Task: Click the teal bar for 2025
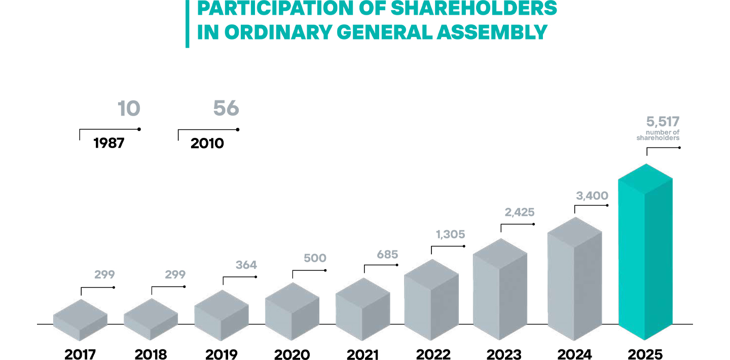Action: pyautogui.click(x=645, y=254)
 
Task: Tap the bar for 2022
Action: pyautogui.click(x=431, y=299)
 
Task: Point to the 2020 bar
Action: pyautogui.click(x=292, y=311)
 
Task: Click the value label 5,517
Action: pyautogui.click(x=663, y=122)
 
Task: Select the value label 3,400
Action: pyautogui.click(x=592, y=196)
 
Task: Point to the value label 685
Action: pyautogui.click(x=387, y=255)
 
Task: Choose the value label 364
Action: pyautogui.click(x=246, y=265)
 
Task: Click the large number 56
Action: pyautogui.click(x=226, y=109)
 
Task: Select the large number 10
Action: pyautogui.click(x=129, y=109)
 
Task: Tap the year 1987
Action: pyautogui.click(x=109, y=143)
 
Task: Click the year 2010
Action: pyautogui.click(x=207, y=143)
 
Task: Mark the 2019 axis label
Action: pyautogui.click(x=221, y=354)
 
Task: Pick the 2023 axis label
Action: pyautogui.click(x=503, y=354)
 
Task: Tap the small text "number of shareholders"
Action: pyautogui.click(x=658, y=135)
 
